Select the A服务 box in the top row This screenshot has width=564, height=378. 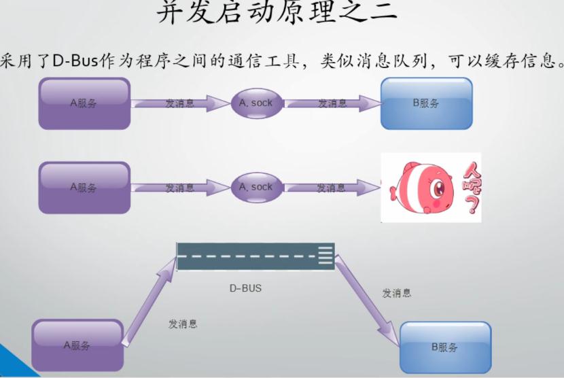(84, 103)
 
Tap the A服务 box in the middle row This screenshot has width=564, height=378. (84, 188)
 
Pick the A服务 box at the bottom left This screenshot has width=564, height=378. (77, 345)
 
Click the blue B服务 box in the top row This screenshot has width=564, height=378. (426, 103)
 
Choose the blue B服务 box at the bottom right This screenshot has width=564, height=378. (445, 347)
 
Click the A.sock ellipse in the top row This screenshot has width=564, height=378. (256, 103)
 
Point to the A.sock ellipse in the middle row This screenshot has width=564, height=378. (256, 187)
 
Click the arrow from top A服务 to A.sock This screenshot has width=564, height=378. (180, 104)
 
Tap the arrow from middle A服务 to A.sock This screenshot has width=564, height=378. (180, 188)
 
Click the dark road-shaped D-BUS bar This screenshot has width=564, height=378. (255, 256)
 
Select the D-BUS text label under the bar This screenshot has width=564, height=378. (245, 288)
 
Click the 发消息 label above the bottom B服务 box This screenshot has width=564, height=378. (396, 293)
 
